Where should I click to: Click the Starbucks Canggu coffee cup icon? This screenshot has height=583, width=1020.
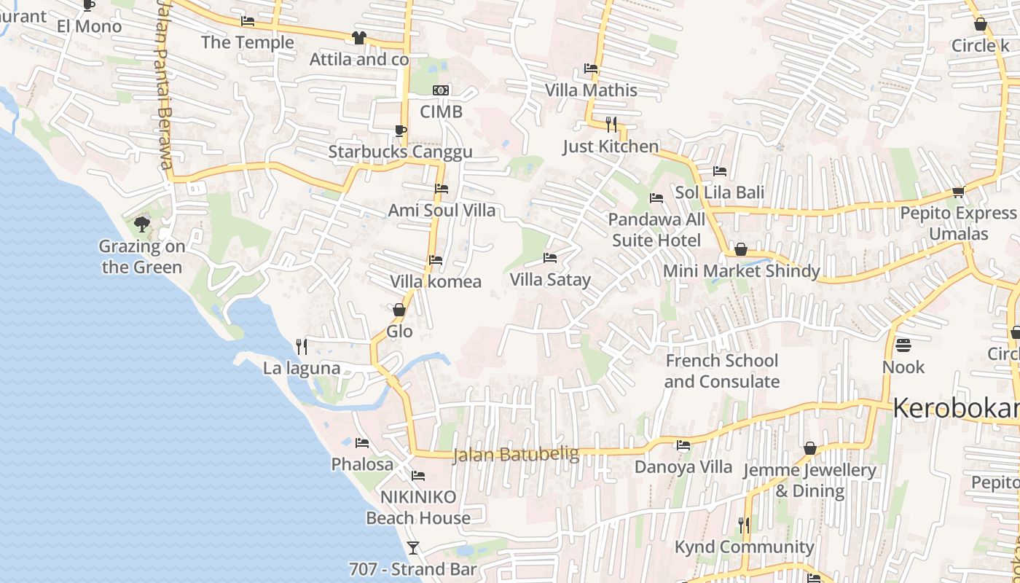[399, 131]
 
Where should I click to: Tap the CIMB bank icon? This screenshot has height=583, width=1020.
[441, 90]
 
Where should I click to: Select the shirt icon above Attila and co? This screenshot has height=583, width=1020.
[358, 38]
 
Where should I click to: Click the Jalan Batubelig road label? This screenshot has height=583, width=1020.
[516, 455]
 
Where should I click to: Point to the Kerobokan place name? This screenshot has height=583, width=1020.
[954, 408]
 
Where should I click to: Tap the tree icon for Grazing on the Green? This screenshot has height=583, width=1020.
[142, 224]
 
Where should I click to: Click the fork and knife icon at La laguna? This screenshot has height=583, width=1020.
[302, 346]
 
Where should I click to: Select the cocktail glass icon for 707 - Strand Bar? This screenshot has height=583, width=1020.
[413, 547]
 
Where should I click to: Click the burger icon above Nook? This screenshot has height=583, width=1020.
[903, 344]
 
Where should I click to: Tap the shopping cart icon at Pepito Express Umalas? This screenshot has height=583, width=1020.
[958, 192]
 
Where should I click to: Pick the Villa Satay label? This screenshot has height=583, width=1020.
[550, 280]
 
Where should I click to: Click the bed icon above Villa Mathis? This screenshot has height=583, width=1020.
[591, 69]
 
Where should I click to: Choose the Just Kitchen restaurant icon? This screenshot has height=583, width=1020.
[611, 125]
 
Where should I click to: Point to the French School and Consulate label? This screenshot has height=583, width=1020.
[721, 371]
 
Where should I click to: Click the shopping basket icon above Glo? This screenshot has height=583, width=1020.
[399, 310]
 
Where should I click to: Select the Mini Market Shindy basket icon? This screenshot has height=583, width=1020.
[741, 249]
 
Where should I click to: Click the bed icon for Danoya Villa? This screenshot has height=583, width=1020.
[683, 445]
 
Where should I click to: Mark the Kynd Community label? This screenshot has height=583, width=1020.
[744, 547]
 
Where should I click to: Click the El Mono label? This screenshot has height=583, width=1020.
[90, 27]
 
